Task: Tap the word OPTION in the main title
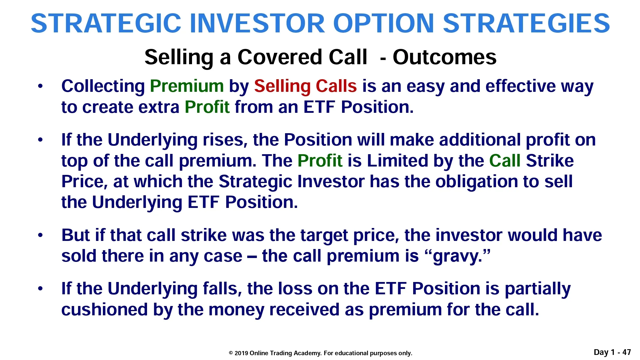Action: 383,23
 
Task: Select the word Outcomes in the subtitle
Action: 444,57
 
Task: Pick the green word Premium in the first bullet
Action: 187,86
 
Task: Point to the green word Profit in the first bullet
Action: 207,107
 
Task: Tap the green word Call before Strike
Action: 505,161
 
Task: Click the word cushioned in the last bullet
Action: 104,310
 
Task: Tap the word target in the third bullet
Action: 324,236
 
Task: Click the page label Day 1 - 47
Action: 612,352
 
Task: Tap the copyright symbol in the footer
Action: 231,353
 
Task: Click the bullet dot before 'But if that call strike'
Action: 41,235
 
